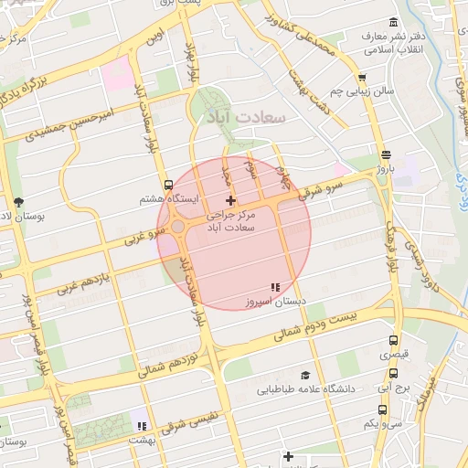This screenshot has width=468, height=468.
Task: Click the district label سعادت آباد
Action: (248, 118)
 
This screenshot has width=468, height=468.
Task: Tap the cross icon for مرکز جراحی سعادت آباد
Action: (230, 200)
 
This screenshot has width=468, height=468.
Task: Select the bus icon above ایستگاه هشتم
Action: (167, 184)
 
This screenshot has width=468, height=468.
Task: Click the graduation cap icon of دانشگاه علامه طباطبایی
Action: (304, 375)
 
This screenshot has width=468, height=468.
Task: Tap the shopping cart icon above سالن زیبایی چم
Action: (362, 79)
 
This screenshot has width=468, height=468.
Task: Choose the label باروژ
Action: (384, 169)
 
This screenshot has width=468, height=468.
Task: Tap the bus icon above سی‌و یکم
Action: (393, 409)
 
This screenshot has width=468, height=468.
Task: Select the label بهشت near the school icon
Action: (142, 441)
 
